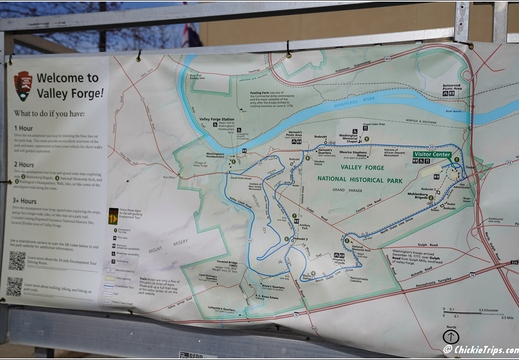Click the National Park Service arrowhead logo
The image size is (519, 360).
coord(23,82)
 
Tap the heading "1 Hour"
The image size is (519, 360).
coord(25,129)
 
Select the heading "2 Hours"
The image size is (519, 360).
coord(27,165)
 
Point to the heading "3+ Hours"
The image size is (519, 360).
coord(28,201)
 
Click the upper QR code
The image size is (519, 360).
coord(17,262)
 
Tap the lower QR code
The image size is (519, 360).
coord(15,286)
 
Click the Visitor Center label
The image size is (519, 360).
coord(437,155)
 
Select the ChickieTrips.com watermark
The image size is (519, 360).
coord(479,350)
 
